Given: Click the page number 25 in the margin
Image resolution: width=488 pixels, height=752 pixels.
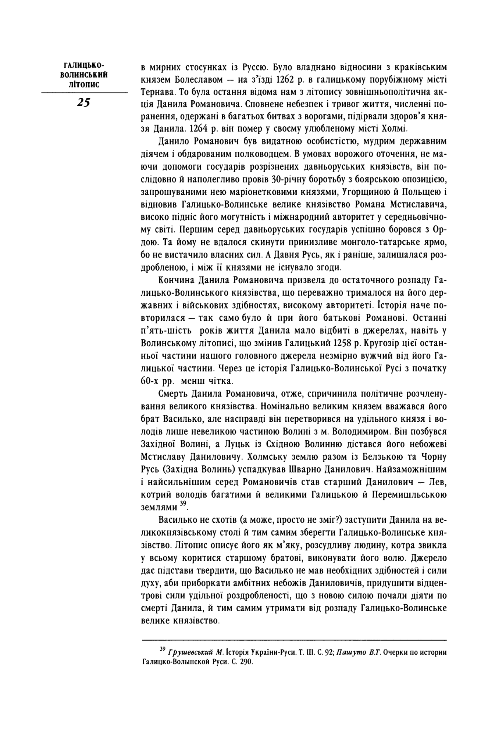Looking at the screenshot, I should coord(83,102).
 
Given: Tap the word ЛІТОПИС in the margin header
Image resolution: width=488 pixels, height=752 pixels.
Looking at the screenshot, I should coord(84,84).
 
